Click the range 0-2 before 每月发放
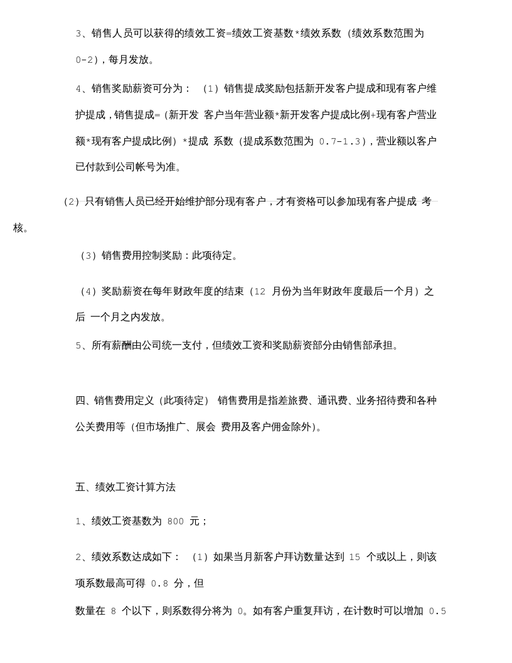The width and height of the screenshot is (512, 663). click(84, 60)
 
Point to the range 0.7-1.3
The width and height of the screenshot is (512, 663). click(339, 142)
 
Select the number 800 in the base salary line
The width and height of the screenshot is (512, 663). click(176, 522)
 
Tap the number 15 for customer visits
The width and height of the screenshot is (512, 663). click(355, 558)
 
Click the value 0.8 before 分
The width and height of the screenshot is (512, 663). click(159, 584)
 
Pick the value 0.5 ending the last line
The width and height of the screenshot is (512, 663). click(437, 612)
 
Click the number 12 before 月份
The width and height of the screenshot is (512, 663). click(260, 292)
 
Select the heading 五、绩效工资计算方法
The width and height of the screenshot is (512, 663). click(125, 487)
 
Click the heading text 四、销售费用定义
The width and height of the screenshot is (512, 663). click(115, 401)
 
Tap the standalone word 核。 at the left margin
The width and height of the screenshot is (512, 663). click(21, 228)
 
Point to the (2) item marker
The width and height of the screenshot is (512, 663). click(72, 202)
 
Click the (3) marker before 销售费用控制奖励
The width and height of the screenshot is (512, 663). click(88, 256)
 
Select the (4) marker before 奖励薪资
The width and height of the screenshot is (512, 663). click(88, 292)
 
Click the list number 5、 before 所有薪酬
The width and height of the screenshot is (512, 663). click(82, 346)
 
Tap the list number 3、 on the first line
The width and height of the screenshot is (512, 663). click(82, 34)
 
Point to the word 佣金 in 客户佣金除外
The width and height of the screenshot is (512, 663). click(281, 428)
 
